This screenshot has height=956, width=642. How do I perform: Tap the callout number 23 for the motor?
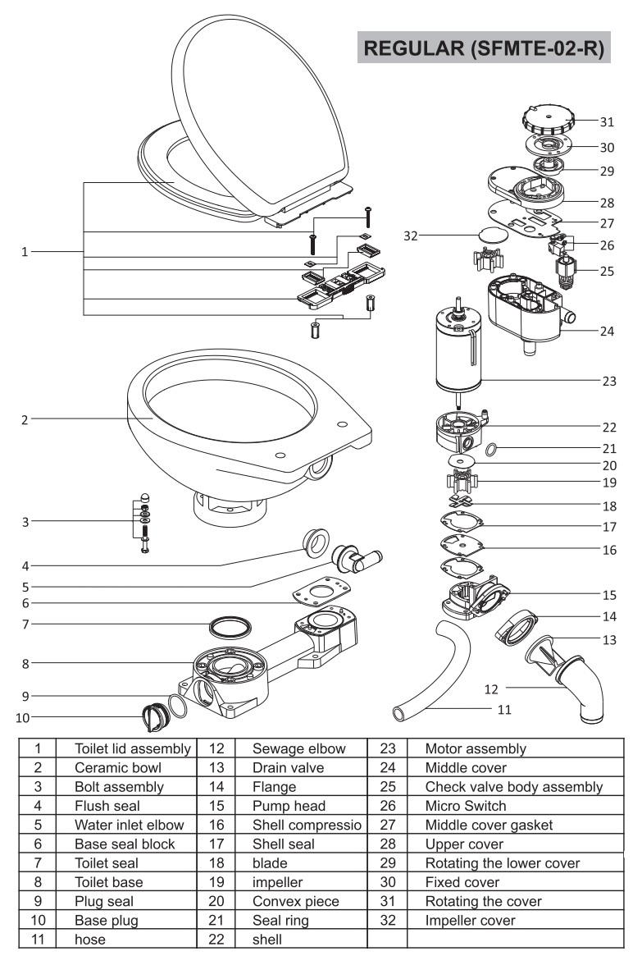click(607, 380)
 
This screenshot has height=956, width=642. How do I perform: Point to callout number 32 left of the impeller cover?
click(411, 234)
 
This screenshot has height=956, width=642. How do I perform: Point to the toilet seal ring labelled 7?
click(229, 628)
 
